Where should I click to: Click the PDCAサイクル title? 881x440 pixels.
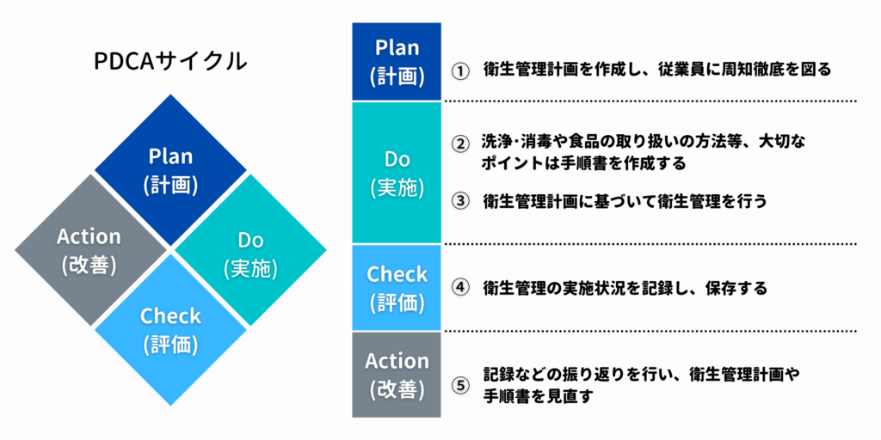[x=171, y=61]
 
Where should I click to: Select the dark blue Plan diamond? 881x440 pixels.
[x=171, y=170]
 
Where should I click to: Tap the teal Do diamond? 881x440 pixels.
[x=250, y=250]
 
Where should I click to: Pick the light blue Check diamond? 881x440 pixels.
[x=171, y=330]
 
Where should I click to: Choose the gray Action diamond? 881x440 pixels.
[x=90, y=250]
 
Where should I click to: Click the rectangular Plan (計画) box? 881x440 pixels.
[x=397, y=62]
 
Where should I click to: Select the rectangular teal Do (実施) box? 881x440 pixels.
[x=397, y=172]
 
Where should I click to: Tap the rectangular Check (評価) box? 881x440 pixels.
[x=397, y=287]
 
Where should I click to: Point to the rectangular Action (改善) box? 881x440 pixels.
[x=397, y=375]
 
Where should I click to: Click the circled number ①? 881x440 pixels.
[x=460, y=71]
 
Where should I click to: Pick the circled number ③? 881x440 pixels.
[x=460, y=202]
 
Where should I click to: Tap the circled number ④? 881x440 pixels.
[x=460, y=289]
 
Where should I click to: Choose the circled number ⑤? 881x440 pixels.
[x=460, y=386]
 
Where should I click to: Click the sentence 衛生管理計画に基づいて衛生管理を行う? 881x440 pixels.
[x=625, y=201]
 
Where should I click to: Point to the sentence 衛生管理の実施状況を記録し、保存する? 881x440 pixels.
[x=625, y=289]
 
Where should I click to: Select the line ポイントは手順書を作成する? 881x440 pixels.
[x=584, y=163]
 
